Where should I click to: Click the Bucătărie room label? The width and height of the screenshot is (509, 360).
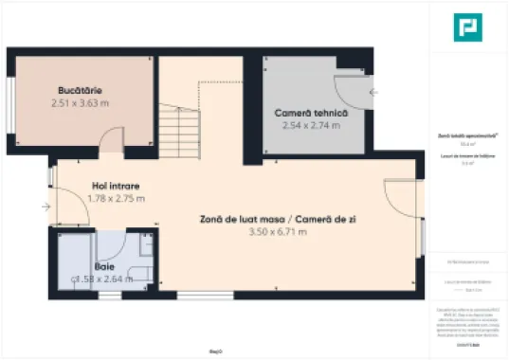tap(78, 90)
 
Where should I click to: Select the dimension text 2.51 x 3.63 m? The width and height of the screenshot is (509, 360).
tap(78, 103)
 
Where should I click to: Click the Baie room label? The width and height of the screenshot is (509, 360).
tap(103, 266)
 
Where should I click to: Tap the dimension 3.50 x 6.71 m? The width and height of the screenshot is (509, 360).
tap(277, 231)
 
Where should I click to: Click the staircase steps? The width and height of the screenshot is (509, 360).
tap(179, 123)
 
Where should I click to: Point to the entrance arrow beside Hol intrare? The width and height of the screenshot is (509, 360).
tap(45, 206)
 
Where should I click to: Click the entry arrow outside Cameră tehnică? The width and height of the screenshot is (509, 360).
tap(375, 92)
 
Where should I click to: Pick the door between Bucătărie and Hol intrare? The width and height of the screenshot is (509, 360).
tap(111, 148)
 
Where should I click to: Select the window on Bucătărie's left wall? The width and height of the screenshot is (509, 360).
tap(11, 100)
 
